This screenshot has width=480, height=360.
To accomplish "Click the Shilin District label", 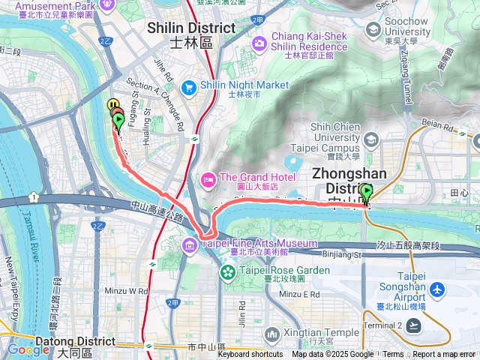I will (x=191, y=28).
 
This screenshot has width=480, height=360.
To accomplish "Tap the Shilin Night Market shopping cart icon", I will (x=187, y=86).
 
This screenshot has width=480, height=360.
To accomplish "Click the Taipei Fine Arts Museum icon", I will (x=188, y=244).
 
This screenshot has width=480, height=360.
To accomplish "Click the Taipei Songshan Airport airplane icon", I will (x=438, y=289).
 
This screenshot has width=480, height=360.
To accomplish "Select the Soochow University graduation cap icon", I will (x=373, y=29).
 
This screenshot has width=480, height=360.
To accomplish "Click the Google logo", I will (x=28, y=349).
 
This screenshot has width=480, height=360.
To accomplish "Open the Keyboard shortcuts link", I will (x=250, y=355).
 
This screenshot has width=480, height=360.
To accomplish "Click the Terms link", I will (x=393, y=355).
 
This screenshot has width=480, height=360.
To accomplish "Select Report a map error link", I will (x=445, y=355).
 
